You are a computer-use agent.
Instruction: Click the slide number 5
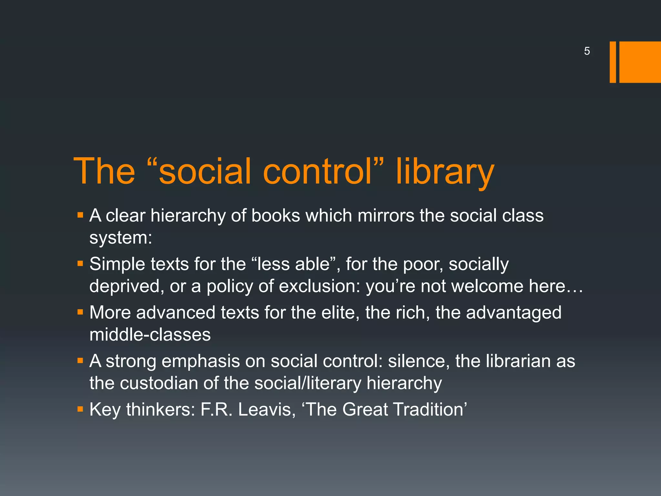587,51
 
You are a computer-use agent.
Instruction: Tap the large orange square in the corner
640,62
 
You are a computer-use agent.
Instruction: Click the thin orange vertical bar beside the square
613,62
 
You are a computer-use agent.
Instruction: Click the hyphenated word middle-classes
150,335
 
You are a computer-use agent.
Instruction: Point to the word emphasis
200,361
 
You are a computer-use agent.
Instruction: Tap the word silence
419,361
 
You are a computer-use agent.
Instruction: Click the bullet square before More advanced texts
80,312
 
